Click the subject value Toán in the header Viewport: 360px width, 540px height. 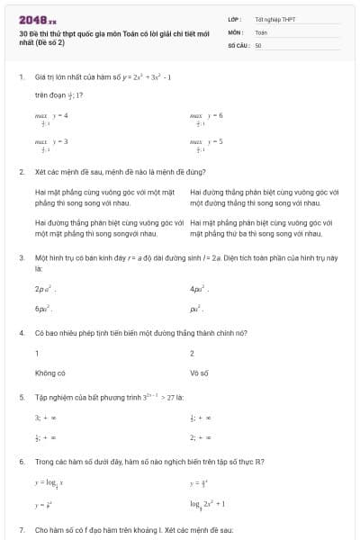tap(261, 31)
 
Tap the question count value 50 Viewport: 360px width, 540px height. tap(258, 44)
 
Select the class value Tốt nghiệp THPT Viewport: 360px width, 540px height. tap(273, 18)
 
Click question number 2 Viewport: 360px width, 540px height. tap(21, 171)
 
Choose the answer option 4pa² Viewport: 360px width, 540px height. tap(200, 289)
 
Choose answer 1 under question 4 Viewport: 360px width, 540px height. tap(37, 354)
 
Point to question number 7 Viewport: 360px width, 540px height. tap(21, 530)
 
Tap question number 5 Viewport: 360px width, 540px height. tap(21, 396)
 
